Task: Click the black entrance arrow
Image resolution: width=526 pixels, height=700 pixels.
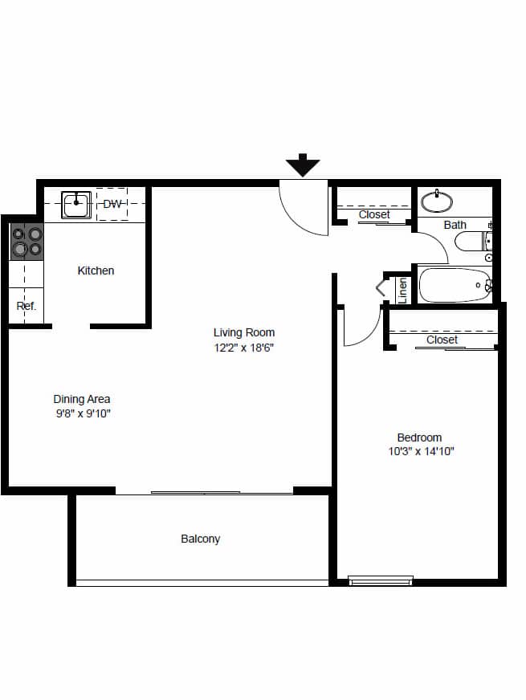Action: pyautogui.click(x=303, y=165)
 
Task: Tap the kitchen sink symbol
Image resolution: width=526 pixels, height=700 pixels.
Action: pyautogui.click(x=76, y=203)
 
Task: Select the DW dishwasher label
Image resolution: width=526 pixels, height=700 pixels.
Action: pyautogui.click(x=112, y=204)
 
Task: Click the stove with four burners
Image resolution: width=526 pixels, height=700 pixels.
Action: pyautogui.click(x=27, y=242)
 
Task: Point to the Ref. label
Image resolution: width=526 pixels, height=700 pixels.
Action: pyautogui.click(x=26, y=306)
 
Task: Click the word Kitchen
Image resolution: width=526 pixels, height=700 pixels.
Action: pyautogui.click(x=96, y=271)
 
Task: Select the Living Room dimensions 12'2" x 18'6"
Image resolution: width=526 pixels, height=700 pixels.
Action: pyautogui.click(x=244, y=348)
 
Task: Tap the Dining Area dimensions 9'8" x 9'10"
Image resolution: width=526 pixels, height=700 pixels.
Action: pyautogui.click(x=82, y=413)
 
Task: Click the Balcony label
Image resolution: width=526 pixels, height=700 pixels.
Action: pyautogui.click(x=200, y=539)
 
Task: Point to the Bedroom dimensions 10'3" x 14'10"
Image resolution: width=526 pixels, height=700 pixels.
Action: pyautogui.click(x=419, y=451)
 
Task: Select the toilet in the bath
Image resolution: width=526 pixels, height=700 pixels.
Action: pyautogui.click(x=474, y=240)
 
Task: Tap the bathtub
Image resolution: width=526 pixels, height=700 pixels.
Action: pyautogui.click(x=455, y=285)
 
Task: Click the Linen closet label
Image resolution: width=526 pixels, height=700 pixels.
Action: pyautogui.click(x=403, y=289)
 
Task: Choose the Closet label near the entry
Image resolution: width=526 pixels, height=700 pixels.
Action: pyautogui.click(x=374, y=214)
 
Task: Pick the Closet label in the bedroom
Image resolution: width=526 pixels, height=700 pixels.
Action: pyautogui.click(x=442, y=340)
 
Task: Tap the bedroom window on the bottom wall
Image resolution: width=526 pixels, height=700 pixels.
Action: pyautogui.click(x=381, y=580)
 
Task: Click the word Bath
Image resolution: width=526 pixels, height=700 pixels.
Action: pyautogui.click(x=455, y=225)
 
